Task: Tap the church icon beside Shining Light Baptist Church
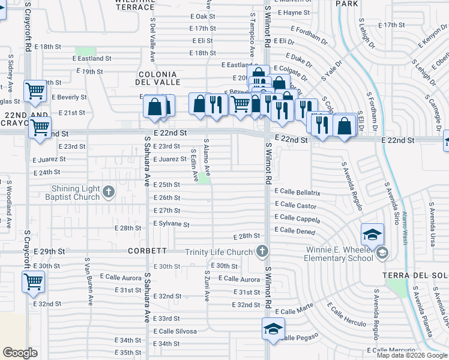pyautogui.click(x=108, y=193)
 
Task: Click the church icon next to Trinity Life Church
pyautogui.click(x=261, y=251)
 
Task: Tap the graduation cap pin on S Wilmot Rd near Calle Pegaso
pyautogui.click(x=273, y=329)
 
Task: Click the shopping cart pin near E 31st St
pyautogui.click(x=33, y=280)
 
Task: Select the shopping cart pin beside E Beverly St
pyautogui.click(x=35, y=91)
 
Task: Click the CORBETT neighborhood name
pyautogui.click(x=147, y=250)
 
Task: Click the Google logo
pyautogui.click(x=20, y=353)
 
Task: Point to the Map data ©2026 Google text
pyautogui.click(x=412, y=355)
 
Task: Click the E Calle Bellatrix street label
pyautogui.click(x=298, y=192)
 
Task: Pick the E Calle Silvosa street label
pyautogui.click(x=175, y=331)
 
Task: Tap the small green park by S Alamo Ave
pyautogui.click(x=205, y=178)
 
